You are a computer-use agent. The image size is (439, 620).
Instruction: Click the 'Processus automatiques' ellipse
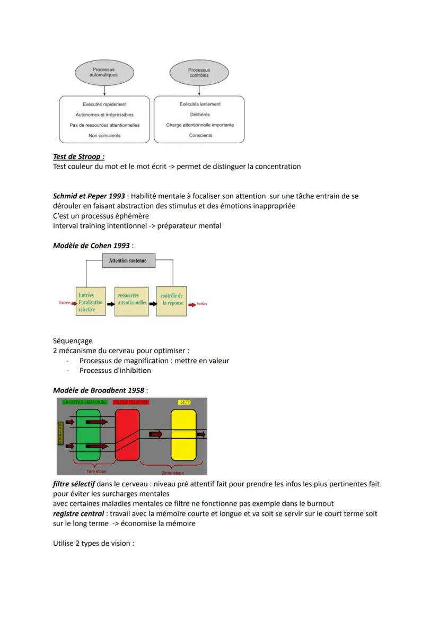(x=104, y=72)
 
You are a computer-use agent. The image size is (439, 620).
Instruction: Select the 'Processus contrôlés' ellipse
(x=199, y=72)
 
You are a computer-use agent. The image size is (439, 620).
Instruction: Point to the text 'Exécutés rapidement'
(x=104, y=104)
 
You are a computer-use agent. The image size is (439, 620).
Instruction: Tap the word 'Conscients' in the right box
(x=200, y=135)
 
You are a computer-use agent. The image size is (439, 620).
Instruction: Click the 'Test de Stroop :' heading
(x=78, y=156)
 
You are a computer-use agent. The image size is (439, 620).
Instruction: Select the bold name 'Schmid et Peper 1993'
(x=89, y=196)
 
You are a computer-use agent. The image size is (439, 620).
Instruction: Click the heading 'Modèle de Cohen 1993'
(x=91, y=246)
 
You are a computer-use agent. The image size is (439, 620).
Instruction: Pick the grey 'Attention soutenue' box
(x=128, y=260)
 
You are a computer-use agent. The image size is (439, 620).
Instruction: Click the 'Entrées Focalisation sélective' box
(x=91, y=302)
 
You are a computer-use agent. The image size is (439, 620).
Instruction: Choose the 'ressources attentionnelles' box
(x=131, y=302)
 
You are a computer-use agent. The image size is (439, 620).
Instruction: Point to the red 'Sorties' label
(x=202, y=304)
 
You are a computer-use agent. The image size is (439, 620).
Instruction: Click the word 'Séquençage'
(x=73, y=341)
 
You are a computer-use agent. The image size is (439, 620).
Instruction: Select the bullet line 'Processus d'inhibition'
(x=115, y=371)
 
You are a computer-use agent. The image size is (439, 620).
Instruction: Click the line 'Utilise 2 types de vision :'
(x=93, y=544)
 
